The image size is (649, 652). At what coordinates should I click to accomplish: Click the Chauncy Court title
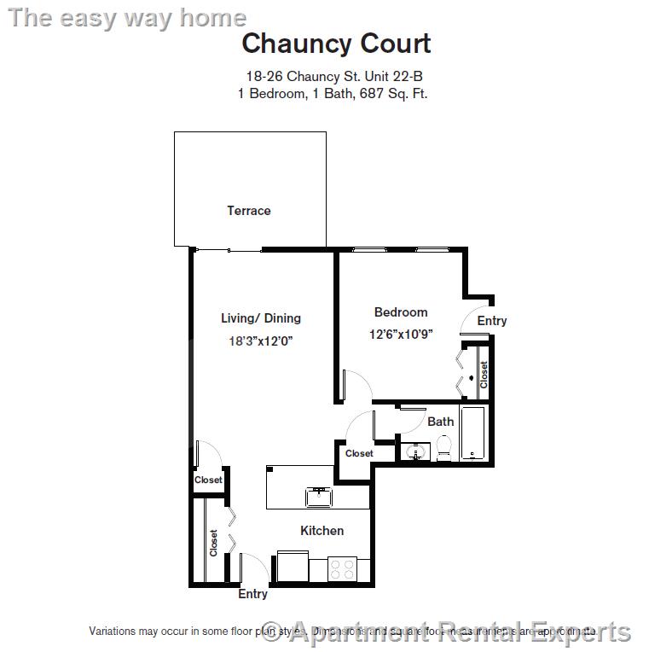coord(336,44)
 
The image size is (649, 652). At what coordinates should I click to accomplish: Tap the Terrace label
coord(248,211)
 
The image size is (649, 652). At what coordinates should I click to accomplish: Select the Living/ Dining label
coord(261,318)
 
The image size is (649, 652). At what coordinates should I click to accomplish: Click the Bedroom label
coord(401,312)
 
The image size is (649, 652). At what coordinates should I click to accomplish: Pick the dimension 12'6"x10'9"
coord(401,335)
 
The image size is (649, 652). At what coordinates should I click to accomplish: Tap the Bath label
coord(441,422)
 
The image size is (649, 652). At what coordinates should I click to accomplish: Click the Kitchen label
coord(322,531)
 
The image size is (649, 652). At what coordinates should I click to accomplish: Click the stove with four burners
coord(343,569)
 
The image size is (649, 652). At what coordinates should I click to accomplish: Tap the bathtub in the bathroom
coord(472,434)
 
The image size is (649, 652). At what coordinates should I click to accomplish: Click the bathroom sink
coord(416,452)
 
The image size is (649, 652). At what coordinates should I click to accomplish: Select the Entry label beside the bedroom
coord(492,321)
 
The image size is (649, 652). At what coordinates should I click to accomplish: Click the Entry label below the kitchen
coord(252,594)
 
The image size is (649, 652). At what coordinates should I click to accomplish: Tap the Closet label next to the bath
coord(359,454)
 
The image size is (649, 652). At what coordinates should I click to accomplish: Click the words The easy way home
coord(127,18)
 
